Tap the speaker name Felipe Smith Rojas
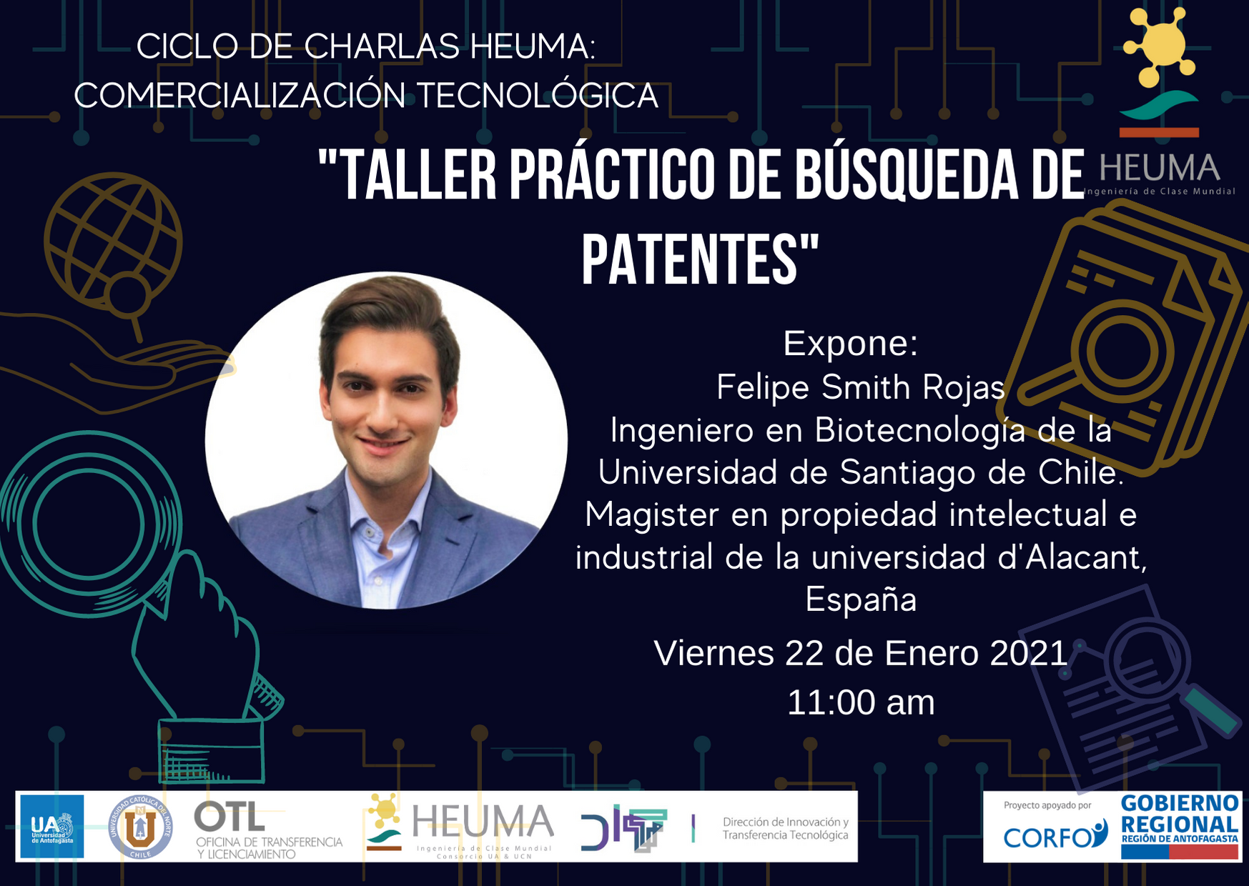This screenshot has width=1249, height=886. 861,388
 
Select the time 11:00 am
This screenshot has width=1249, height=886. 861,702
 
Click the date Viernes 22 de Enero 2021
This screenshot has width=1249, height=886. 861,653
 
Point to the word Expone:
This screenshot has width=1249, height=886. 850,344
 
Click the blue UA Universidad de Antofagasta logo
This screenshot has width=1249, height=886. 51,826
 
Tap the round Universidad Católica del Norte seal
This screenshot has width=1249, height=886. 140,827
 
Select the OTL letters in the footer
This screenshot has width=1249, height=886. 229,816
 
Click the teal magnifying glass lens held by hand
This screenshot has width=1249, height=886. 89,524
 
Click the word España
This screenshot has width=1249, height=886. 861,599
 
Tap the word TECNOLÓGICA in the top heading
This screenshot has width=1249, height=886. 537,96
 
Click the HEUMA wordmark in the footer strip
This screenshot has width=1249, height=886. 483,821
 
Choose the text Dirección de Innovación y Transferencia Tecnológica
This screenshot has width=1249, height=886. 786,829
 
